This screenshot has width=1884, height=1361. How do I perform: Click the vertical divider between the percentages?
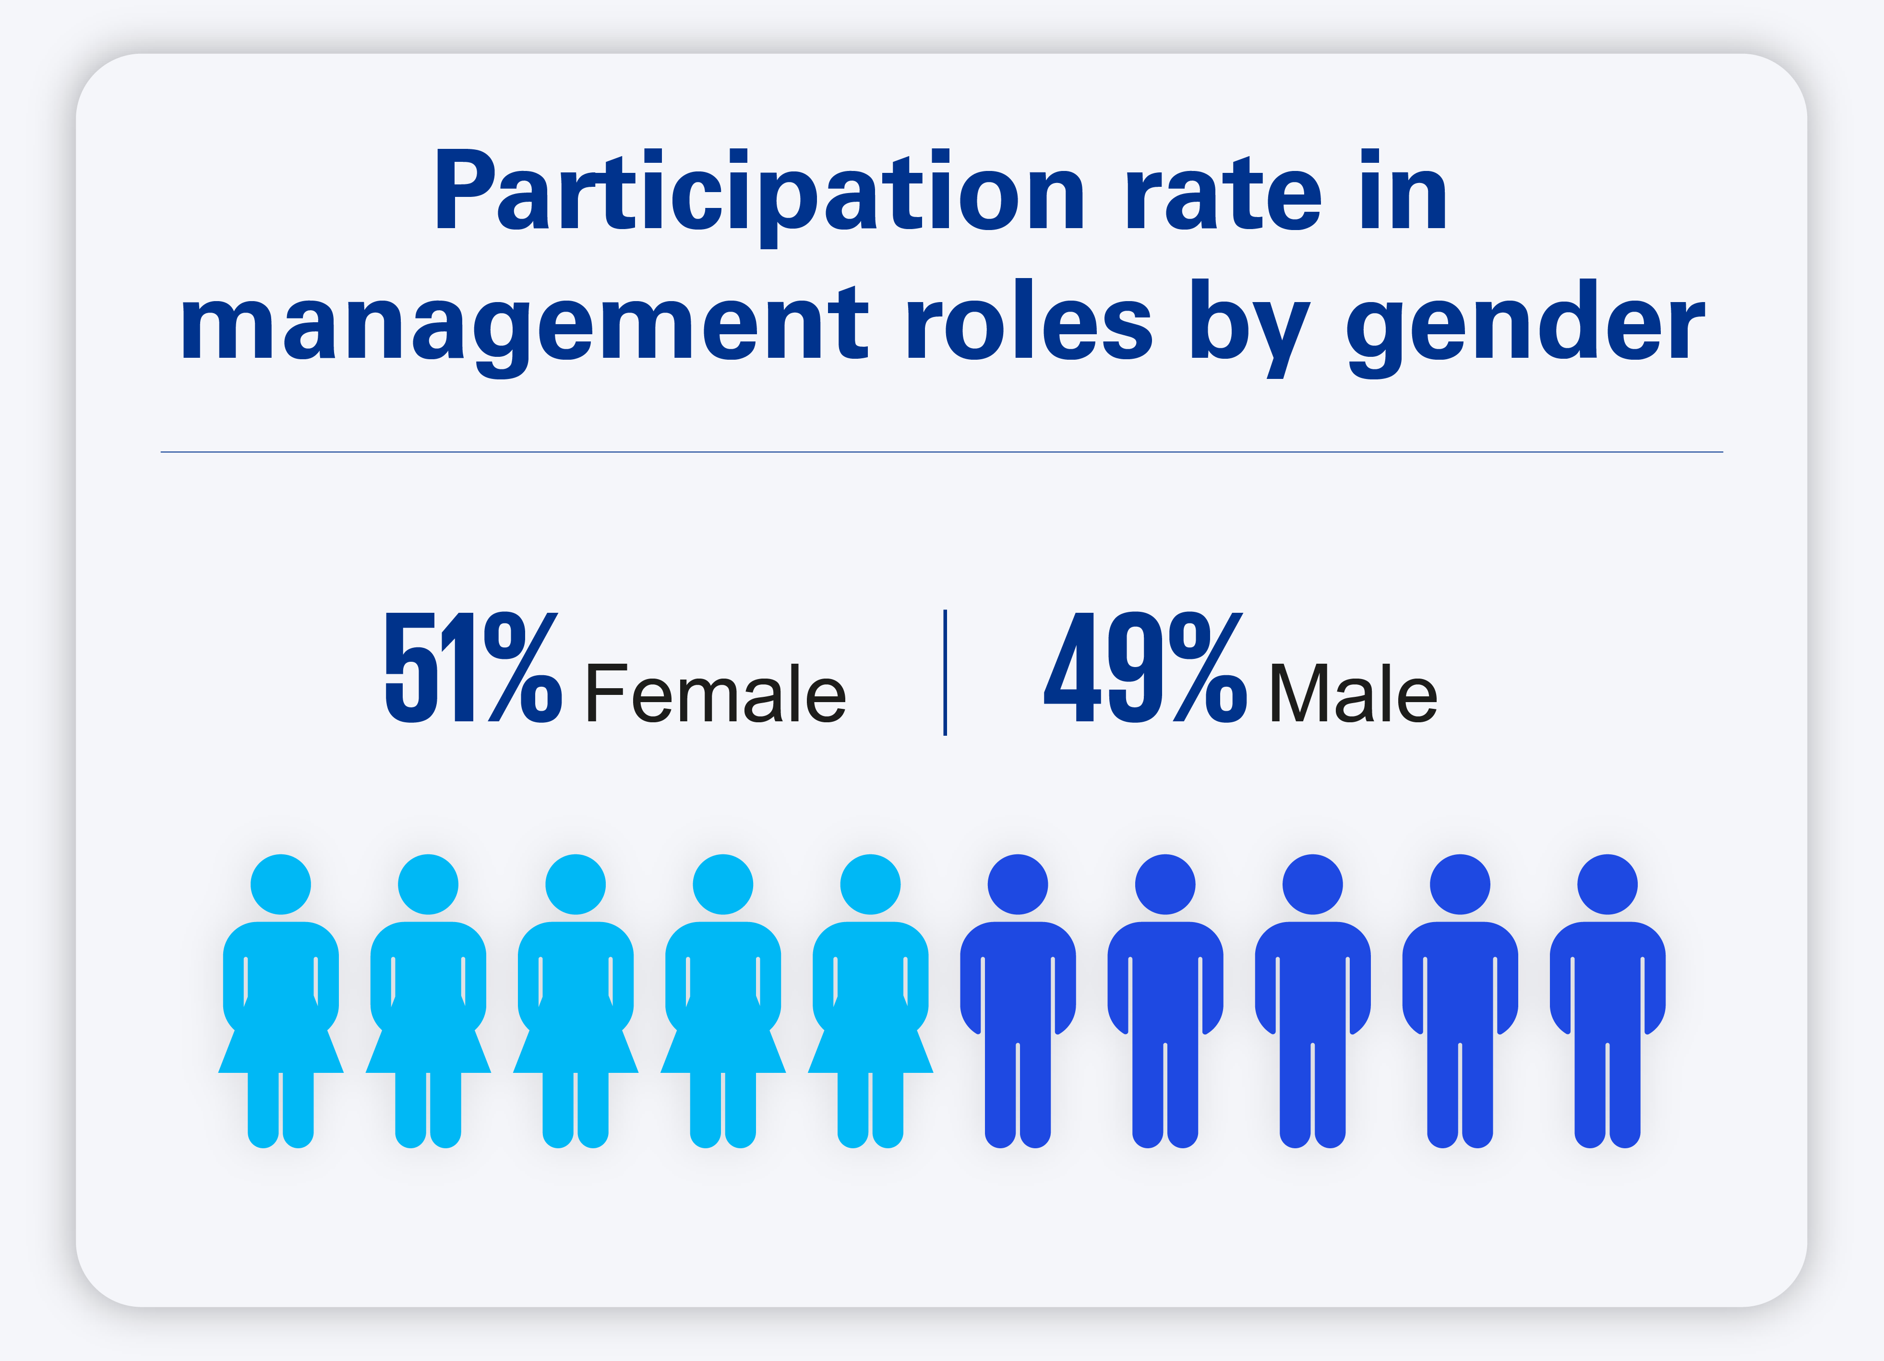click(945, 672)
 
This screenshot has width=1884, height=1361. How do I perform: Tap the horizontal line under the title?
click(942, 452)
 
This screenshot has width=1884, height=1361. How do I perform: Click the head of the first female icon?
click(281, 884)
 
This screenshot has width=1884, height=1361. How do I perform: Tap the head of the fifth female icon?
click(871, 884)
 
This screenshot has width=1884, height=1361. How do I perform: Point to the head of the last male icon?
click(1608, 884)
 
